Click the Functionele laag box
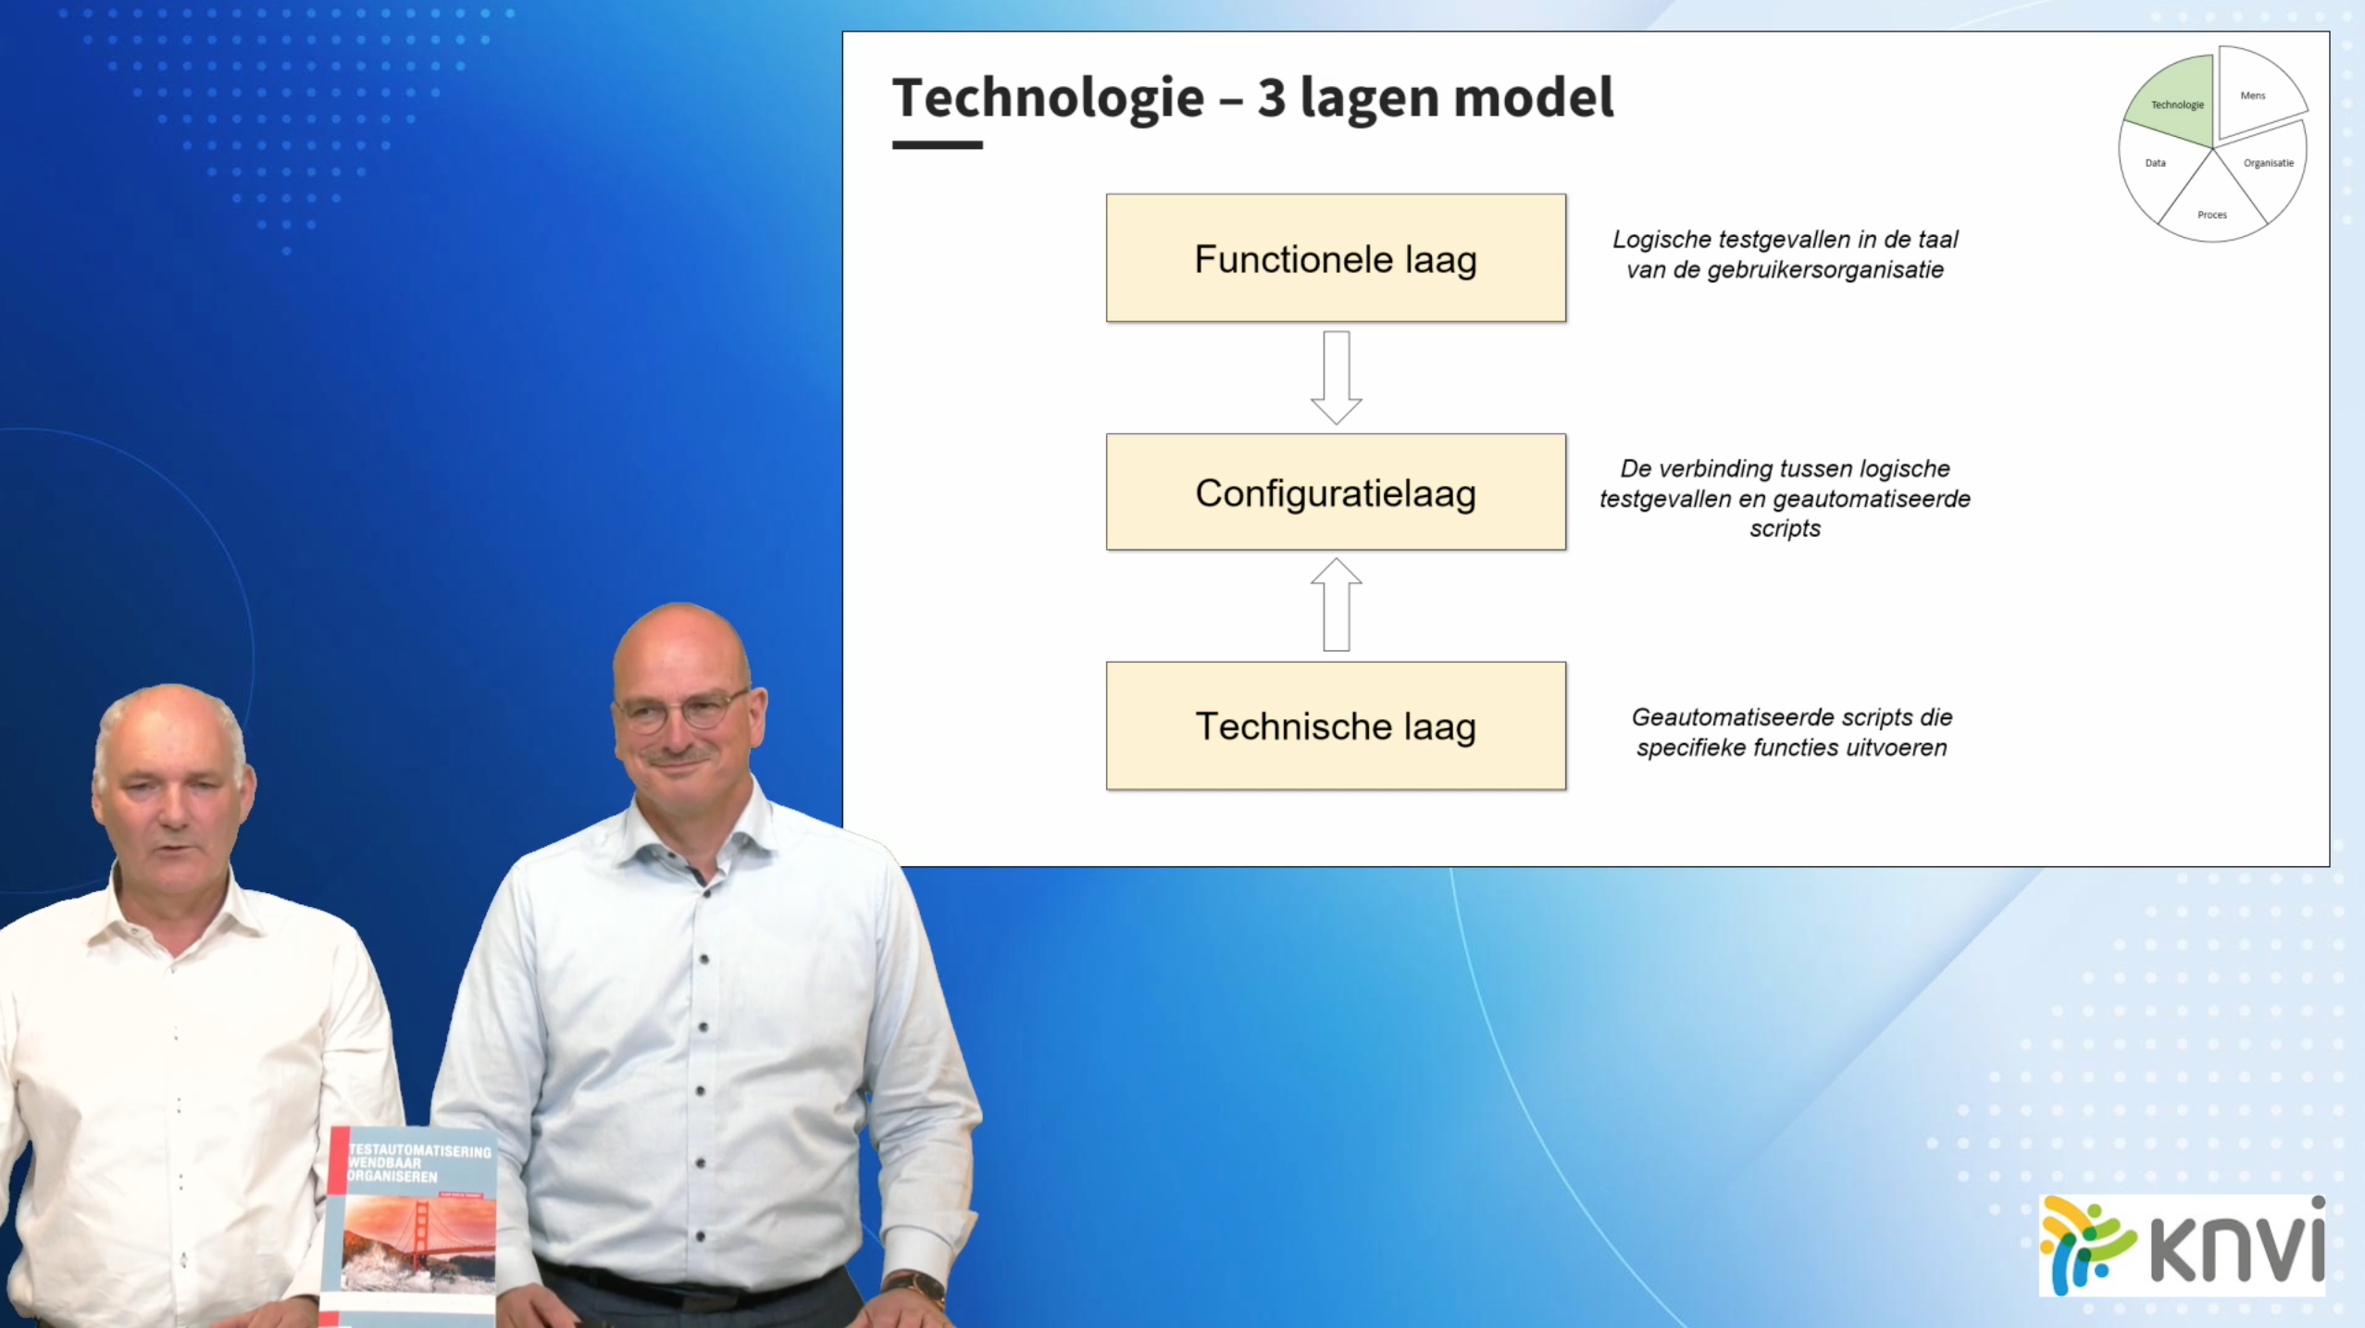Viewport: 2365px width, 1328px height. (1336, 258)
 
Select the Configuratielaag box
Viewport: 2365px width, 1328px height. (1336, 492)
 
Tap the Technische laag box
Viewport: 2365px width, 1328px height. (1336, 726)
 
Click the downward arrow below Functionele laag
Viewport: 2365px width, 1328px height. (1336, 378)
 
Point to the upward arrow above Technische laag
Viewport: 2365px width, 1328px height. (1336, 604)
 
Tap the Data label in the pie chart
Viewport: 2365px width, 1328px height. (2155, 163)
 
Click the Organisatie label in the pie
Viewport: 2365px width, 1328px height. (2268, 163)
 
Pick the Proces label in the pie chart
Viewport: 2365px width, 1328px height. (2211, 215)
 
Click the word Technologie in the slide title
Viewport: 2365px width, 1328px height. (1048, 98)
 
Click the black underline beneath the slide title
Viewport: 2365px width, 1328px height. (937, 144)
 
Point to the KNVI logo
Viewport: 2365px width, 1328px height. (2183, 1245)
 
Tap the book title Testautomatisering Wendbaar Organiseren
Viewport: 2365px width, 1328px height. (418, 1163)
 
